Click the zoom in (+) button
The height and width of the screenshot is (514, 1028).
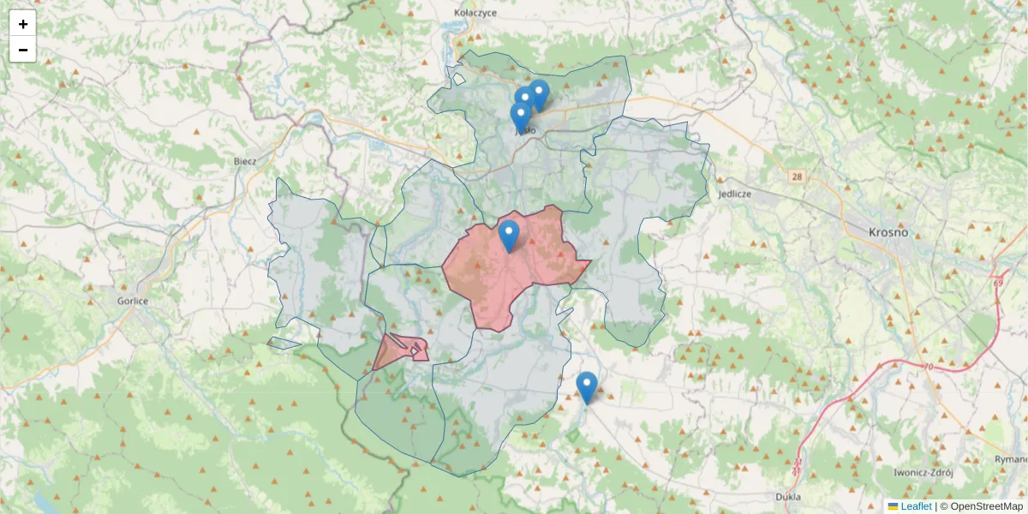click(x=23, y=24)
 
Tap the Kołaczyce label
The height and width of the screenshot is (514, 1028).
click(x=475, y=13)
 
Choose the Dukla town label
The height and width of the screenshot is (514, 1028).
click(x=787, y=496)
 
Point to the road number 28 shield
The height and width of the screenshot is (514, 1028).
click(x=798, y=176)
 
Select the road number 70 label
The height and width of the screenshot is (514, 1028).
click(x=929, y=368)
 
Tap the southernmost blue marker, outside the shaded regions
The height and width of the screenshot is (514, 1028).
click(x=587, y=387)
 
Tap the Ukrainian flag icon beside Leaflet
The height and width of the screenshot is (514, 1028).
click(x=894, y=506)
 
